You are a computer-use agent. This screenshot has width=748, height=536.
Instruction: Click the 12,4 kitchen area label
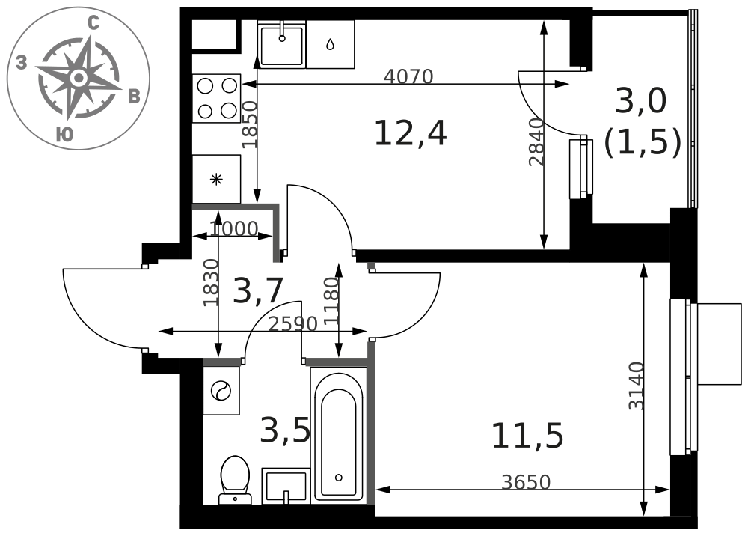coord(410,134)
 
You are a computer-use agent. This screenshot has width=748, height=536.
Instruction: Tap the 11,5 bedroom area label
coord(527,436)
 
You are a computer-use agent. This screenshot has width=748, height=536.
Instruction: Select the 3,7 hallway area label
coord(259,290)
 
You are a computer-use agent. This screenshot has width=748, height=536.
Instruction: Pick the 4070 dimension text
coord(409,76)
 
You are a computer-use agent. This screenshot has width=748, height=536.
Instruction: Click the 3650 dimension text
coord(526,483)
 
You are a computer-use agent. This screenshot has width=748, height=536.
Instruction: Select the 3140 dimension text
coord(637,386)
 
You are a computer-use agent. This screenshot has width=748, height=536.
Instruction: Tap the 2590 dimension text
coord(293,325)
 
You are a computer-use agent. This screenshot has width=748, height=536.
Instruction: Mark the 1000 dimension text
coord(233,230)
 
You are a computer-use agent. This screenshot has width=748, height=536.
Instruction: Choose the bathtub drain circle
coord(339,478)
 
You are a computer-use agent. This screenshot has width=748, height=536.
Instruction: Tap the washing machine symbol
coord(221,391)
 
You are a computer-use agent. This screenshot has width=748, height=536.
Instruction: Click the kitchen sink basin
coord(281,44)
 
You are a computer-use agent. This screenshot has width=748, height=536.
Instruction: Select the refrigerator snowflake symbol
coord(217,180)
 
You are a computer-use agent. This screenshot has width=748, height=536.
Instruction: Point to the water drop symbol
coord(330,44)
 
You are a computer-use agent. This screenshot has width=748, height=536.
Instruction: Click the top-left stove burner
coord(205,86)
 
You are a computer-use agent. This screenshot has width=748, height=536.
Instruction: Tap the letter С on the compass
coord(94,23)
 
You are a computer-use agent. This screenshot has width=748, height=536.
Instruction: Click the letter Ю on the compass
coord(64,135)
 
